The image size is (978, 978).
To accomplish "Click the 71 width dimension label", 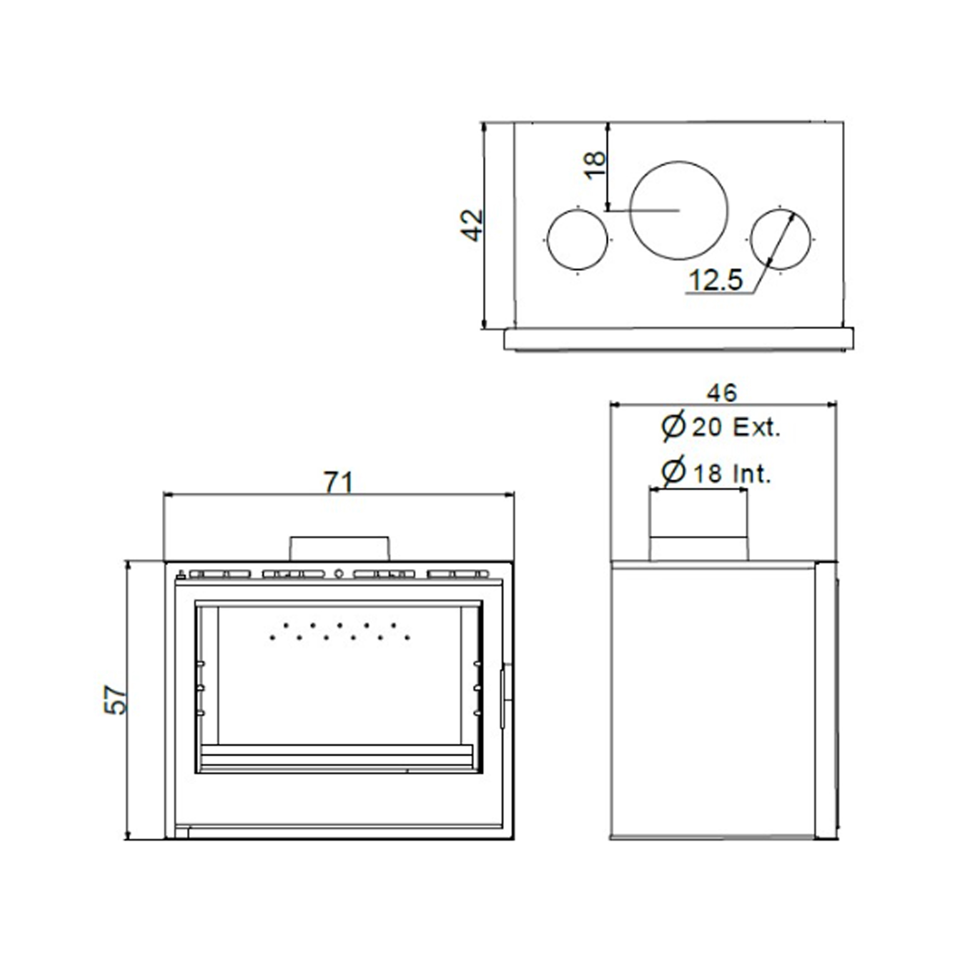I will pyautogui.click(x=339, y=482).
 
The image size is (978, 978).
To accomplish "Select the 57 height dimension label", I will pyautogui.click(x=115, y=700).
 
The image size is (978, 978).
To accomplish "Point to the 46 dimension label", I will pyautogui.click(x=722, y=393).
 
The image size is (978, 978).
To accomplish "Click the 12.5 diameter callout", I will pyautogui.click(x=716, y=280).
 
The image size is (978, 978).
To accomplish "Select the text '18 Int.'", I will pyautogui.click(x=732, y=474).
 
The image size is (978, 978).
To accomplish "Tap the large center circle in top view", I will pyautogui.click(x=678, y=210).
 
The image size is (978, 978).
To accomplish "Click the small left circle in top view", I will pyautogui.click(x=577, y=239).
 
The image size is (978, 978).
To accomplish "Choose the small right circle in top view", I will pyautogui.click(x=780, y=239).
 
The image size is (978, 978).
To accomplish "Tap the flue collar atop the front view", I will pyautogui.click(x=339, y=549).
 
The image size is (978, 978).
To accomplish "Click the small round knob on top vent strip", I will pyautogui.click(x=339, y=574).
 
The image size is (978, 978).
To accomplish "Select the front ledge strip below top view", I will pyautogui.click(x=678, y=339).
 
